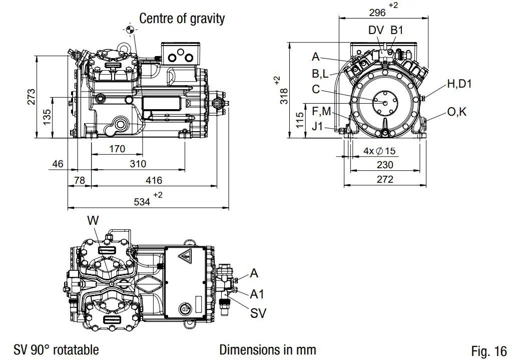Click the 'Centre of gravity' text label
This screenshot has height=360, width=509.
click(182, 19)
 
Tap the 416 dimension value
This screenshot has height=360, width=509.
click(153, 180)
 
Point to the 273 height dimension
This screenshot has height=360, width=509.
click(31, 97)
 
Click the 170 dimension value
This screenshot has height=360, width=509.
click(116, 149)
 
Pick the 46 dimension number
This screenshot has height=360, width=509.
click(58, 164)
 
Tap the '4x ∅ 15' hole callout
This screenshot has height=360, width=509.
click(379, 151)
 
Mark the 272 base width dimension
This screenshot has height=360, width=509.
click(384, 179)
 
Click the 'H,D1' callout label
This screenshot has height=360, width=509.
click(459, 84)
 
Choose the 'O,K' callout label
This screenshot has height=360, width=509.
click(456, 112)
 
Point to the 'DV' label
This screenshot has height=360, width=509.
click(376, 31)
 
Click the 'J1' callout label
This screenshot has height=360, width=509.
click(317, 126)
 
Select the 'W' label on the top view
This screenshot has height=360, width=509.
click(93, 220)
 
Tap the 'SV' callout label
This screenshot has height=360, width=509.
click(258, 314)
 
